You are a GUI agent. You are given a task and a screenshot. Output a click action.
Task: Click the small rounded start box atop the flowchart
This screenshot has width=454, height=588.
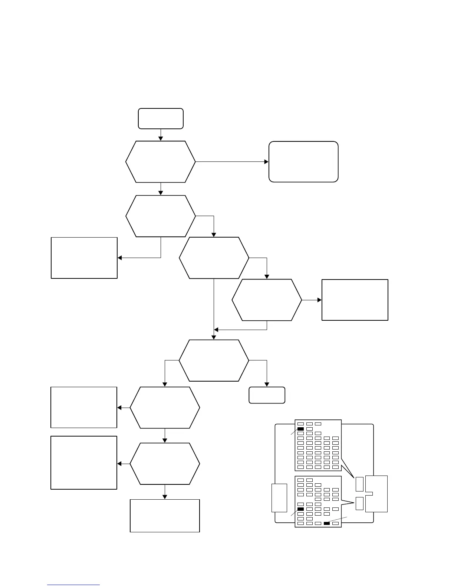pos(161,118)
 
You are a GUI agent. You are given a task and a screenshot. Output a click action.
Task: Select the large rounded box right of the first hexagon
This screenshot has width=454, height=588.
pos(303,161)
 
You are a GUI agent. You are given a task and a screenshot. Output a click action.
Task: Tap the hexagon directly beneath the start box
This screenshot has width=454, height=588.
pos(161,161)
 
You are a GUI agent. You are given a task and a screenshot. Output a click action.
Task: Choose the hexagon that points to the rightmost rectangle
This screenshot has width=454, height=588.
pos(267,300)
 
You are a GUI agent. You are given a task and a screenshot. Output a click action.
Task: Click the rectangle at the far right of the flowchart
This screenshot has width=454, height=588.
pos(355,300)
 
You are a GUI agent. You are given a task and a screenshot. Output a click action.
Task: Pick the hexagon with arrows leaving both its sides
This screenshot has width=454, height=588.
pos(214,360)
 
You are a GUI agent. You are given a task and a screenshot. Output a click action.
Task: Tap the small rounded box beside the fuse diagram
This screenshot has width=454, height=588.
pos(267,395)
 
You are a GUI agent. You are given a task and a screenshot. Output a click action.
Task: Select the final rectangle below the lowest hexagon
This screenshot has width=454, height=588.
pos(165,516)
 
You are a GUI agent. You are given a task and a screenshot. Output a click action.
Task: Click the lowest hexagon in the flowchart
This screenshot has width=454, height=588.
pos(165,464)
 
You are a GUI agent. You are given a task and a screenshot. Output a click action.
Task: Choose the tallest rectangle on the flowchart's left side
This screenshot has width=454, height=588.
pos(84,463)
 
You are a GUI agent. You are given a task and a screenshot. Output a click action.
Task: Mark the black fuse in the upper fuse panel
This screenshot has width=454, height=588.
pos(300,429)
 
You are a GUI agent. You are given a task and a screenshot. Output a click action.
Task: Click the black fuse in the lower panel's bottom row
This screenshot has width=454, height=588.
pos(327,523)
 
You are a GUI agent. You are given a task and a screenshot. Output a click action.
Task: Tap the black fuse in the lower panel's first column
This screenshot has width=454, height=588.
pos(300,509)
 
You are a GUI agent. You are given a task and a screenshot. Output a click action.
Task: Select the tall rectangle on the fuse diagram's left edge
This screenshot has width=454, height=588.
pos(279,498)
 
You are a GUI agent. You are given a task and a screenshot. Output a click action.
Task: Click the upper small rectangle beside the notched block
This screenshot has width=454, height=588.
pos(359,484)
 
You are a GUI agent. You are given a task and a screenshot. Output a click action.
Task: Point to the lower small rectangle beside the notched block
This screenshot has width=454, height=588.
pos(359,503)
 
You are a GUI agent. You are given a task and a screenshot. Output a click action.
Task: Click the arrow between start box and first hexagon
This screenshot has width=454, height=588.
pos(161,135)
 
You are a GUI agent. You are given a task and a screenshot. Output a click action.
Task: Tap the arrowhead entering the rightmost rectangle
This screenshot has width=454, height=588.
pos(319,300)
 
